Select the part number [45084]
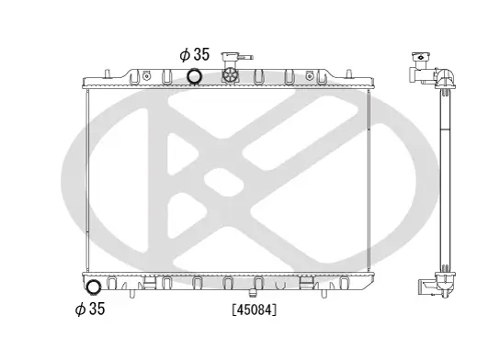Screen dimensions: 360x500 click(x=254, y=309)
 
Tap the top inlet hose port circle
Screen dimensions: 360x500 click(x=196, y=76)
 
